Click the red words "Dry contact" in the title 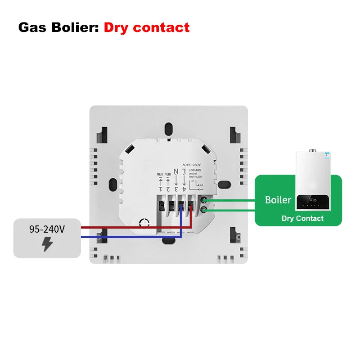147,27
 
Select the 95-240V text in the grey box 47,229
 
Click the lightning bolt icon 47,244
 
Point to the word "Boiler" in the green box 278,200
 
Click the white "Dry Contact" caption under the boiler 302,218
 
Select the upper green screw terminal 204,199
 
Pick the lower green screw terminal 204,210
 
